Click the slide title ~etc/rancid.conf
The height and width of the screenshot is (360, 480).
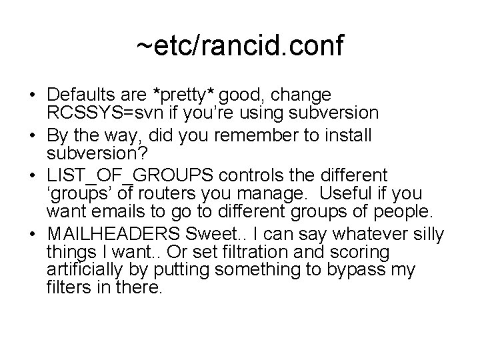click(240, 47)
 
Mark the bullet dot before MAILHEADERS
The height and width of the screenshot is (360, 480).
click(33, 235)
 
